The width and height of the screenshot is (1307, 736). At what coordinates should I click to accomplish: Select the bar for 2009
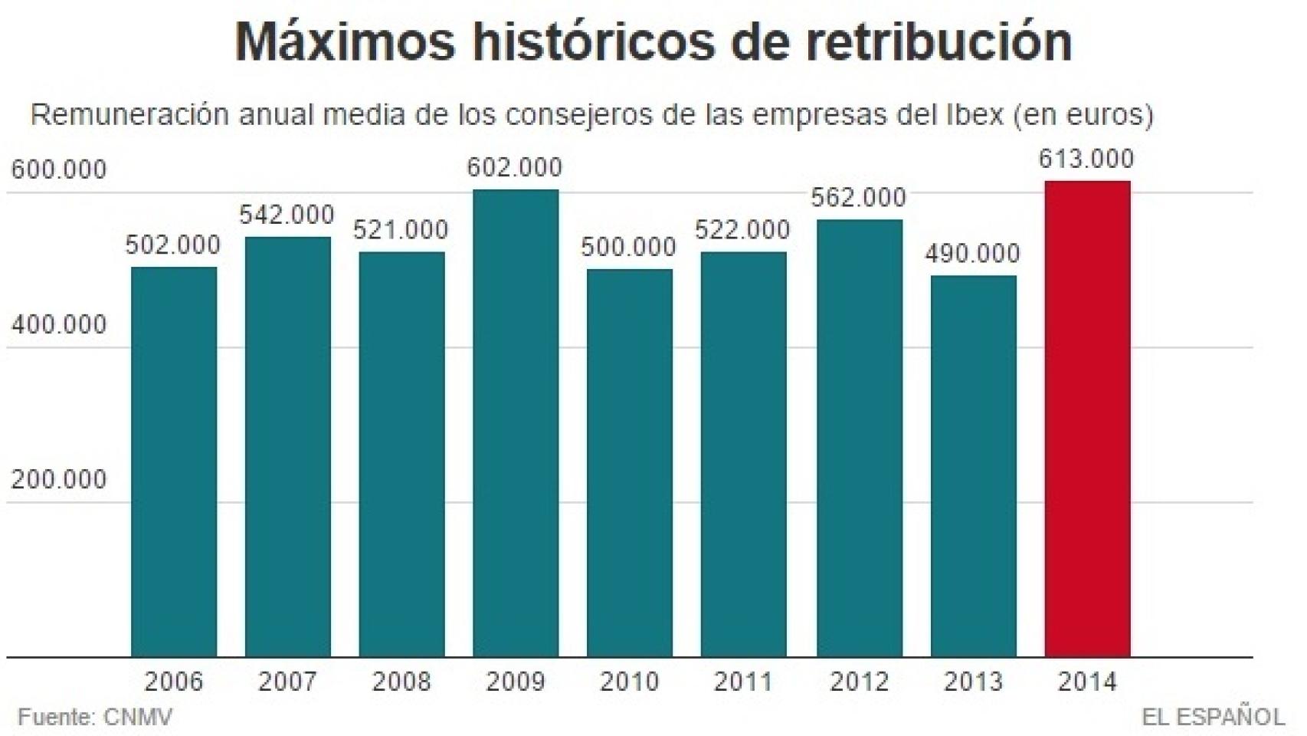pos(516,423)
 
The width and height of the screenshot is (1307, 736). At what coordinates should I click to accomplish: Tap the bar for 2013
pos(973,466)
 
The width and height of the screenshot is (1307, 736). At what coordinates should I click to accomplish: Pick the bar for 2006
pos(174,462)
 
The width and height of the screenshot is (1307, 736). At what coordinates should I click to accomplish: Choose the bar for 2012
pos(859,438)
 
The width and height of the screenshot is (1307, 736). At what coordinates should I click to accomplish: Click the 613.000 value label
pos(1086,159)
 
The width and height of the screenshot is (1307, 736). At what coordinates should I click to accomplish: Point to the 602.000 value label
pos(515,167)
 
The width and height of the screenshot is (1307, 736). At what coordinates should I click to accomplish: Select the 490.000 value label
pos(972,253)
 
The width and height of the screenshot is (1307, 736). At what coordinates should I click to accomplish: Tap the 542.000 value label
pos(287,215)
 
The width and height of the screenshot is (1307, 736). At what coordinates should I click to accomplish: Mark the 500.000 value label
pos(629,247)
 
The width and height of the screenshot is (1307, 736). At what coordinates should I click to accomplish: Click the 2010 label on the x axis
pos(629,682)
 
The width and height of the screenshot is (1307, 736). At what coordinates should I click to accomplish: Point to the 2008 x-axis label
pos(401,682)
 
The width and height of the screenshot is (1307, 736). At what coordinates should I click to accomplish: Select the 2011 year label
pos(743,682)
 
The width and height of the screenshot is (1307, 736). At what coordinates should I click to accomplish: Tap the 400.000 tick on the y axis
pos(59,324)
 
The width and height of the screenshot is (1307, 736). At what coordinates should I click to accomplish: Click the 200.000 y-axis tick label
pos(59,479)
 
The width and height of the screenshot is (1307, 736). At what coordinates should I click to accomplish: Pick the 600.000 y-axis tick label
pos(59,169)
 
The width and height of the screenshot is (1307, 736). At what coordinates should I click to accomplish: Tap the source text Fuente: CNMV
pos(95,718)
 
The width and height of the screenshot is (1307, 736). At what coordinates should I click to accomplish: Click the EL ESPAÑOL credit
pos(1213,718)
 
